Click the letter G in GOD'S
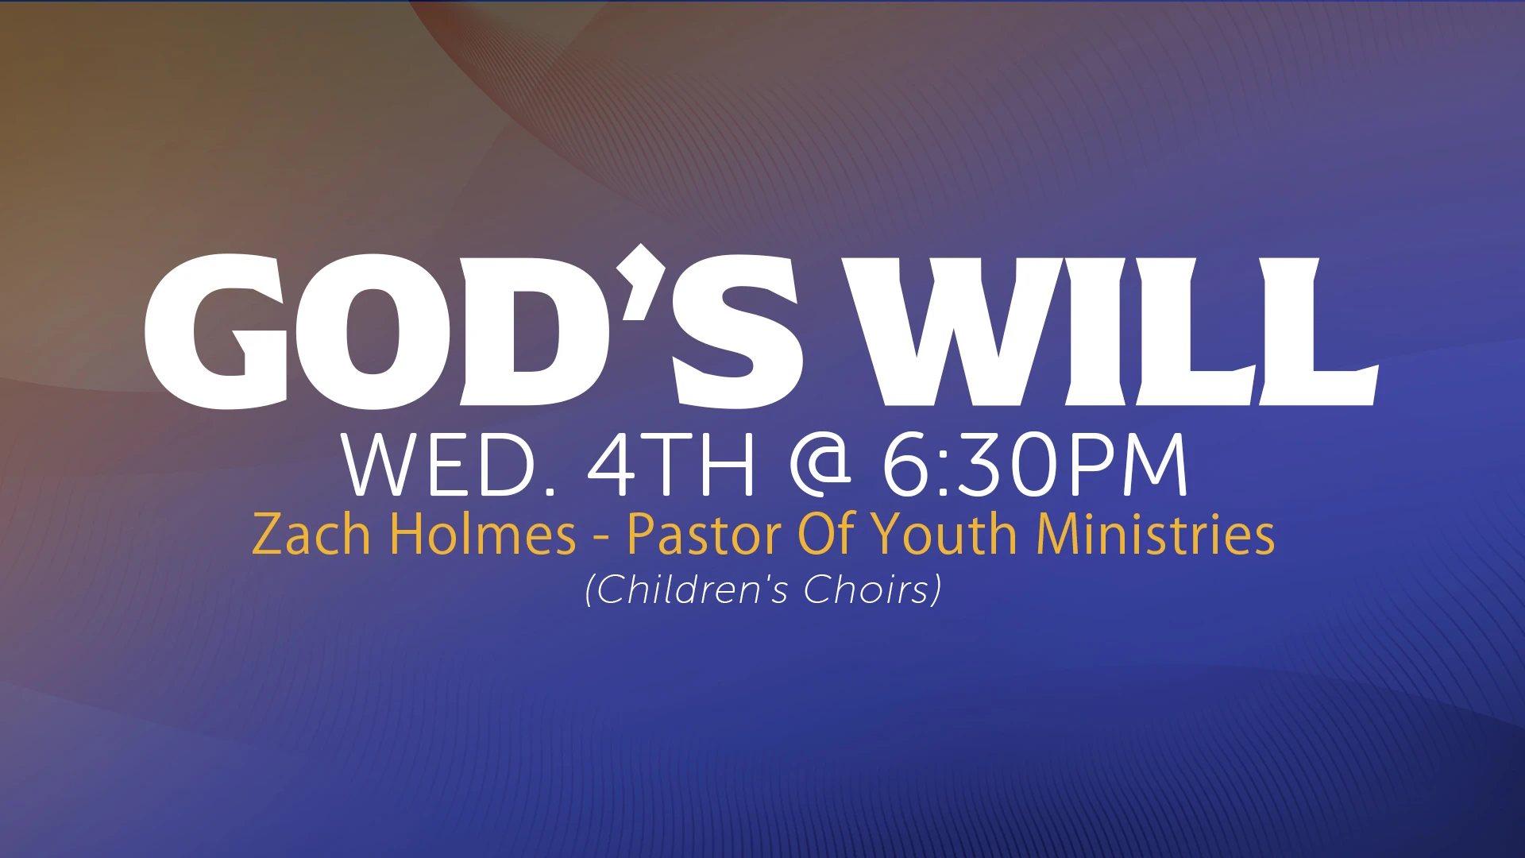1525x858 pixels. [x=216, y=331]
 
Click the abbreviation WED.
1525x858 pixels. [x=449, y=466]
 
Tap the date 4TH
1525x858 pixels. [x=670, y=466]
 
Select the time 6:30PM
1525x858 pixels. [x=1035, y=466]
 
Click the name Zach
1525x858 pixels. [x=311, y=533]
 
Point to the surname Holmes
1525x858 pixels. [x=483, y=533]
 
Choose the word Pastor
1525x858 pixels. [x=705, y=533]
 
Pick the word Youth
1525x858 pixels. [x=944, y=533]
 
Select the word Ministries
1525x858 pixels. [x=1156, y=533]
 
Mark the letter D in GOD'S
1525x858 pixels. [x=534, y=331]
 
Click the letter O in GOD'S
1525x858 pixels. [x=373, y=331]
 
